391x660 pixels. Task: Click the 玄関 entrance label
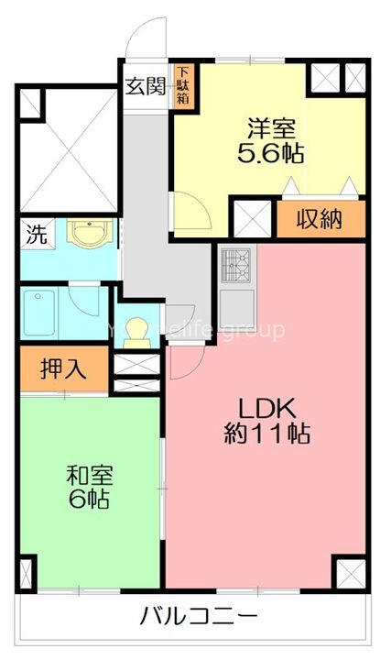pyautogui.click(x=145, y=87)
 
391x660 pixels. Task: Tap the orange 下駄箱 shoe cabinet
pyautogui.click(x=184, y=85)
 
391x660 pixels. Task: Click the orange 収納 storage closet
pyautogui.click(x=320, y=219)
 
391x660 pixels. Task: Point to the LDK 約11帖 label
pyautogui.click(x=266, y=420)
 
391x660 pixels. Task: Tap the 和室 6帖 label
pyautogui.click(x=88, y=487)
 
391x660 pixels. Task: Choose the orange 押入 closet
pyautogui.click(x=63, y=368)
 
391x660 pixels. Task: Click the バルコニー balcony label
pyautogui.click(x=198, y=614)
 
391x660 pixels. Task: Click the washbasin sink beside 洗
pyautogui.click(x=88, y=235)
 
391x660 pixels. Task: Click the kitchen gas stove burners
pyautogui.click(x=237, y=266)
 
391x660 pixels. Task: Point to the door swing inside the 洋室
pyautogui.click(x=193, y=209)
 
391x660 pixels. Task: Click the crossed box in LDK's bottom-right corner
pyautogui.click(x=350, y=575)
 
